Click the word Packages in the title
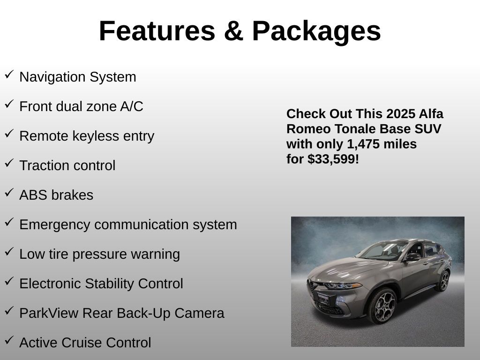(316, 31)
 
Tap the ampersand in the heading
(233, 31)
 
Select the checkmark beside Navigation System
(9, 75)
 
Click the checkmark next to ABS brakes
(9, 193)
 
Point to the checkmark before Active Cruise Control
(9, 340)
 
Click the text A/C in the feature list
(131, 106)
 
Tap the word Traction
(43, 165)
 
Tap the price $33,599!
(333, 159)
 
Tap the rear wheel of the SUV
(442, 280)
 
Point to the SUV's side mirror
(413, 256)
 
